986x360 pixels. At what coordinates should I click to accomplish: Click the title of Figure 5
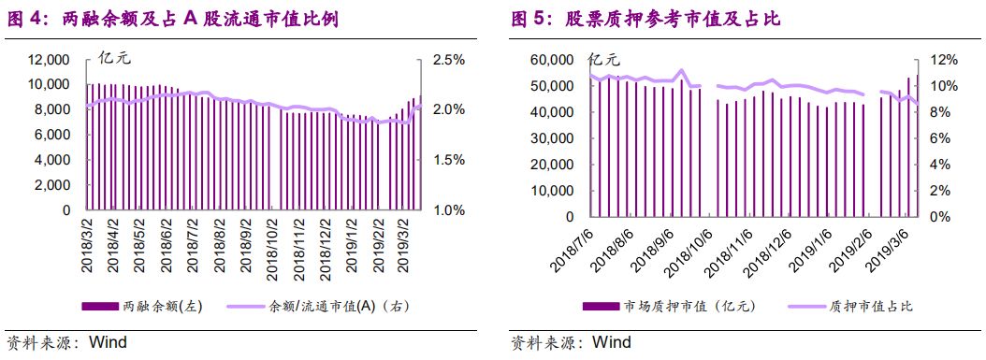pos(645,18)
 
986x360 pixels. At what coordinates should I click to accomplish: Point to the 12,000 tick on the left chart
pos(50,60)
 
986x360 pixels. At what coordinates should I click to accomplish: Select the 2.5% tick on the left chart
pos(448,60)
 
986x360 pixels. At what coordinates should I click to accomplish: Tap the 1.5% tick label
pos(448,160)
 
